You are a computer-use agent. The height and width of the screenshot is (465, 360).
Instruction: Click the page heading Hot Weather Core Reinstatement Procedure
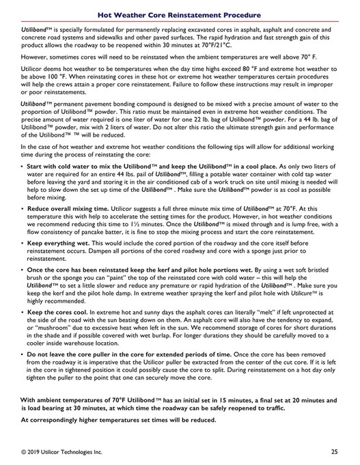click(179, 14)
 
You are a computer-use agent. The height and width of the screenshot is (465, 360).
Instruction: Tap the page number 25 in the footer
click(334, 451)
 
